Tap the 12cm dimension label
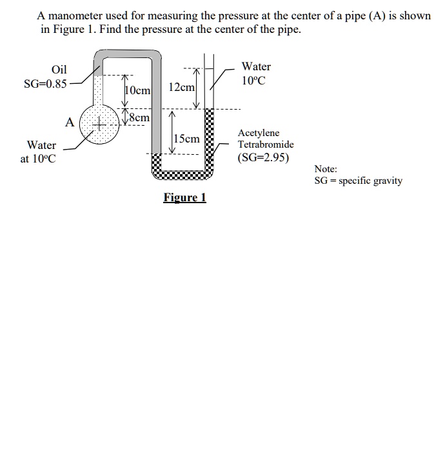(x=181, y=87)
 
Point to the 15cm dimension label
(x=187, y=139)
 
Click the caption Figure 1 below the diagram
(x=184, y=197)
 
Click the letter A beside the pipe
(x=69, y=123)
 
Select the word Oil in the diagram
(x=59, y=70)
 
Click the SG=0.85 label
(x=44, y=84)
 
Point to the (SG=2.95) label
(x=263, y=157)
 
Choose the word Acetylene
(x=259, y=132)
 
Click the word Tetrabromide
(x=265, y=144)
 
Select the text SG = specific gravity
(x=358, y=181)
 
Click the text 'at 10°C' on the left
(x=38, y=159)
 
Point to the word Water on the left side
(x=41, y=145)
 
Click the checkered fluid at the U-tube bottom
(x=183, y=172)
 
